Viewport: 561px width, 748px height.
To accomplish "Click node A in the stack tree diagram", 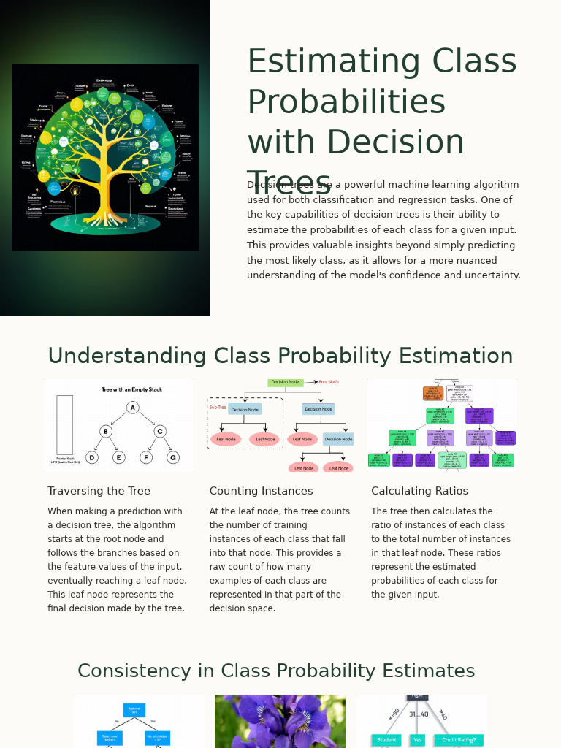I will pyautogui.click(x=132, y=408).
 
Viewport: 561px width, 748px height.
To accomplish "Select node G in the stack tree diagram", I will pyautogui.click(x=173, y=457).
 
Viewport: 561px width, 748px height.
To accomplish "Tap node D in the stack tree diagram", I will pyautogui.click(x=91, y=457).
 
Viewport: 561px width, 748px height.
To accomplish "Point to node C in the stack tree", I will pyautogui.click(x=160, y=431).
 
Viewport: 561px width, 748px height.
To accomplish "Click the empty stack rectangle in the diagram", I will pyautogui.click(x=64, y=424).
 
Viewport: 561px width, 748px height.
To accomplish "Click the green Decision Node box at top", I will pyautogui.click(x=285, y=382).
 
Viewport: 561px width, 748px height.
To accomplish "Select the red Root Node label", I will pyautogui.click(x=329, y=382).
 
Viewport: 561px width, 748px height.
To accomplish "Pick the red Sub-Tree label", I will pyautogui.click(x=218, y=407).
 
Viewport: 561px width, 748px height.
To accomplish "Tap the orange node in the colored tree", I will pyautogui.click(x=432, y=393).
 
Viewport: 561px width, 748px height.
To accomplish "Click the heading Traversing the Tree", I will pyautogui.click(x=99, y=491).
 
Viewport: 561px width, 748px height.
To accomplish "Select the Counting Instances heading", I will pyautogui.click(x=261, y=491).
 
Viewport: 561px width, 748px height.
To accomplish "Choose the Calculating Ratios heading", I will pyautogui.click(x=419, y=491).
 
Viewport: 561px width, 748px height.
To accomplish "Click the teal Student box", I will pyautogui.click(x=386, y=740).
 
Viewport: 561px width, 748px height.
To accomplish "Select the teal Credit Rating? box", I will pyautogui.click(x=459, y=740).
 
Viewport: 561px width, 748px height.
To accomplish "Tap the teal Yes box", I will pyautogui.click(x=417, y=740).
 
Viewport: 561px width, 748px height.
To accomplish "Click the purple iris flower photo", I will pyautogui.click(x=280, y=721).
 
